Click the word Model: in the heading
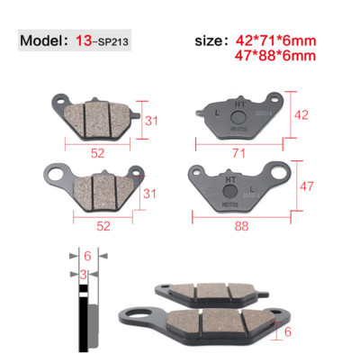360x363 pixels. [x=44, y=41]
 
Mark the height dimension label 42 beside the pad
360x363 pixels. [x=301, y=114]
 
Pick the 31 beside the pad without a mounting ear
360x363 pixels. [x=152, y=120]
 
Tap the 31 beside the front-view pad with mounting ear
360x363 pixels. [x=152, y=195]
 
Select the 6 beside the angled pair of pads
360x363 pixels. [x=288, y=332]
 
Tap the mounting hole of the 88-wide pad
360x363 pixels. [x=283, y=170]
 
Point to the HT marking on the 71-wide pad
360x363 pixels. [x=239, y=104]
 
